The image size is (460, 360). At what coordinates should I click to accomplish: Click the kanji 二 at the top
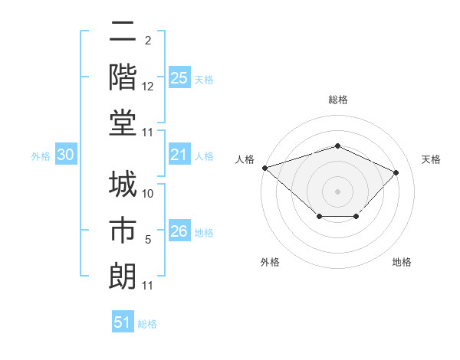pos(123,32)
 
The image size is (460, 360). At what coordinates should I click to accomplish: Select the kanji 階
pos(123,77)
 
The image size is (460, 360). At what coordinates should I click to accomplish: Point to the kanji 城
pos(123,186)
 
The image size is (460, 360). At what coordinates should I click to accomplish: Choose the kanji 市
pos(123,231)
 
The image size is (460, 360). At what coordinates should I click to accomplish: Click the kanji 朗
pos(123,275)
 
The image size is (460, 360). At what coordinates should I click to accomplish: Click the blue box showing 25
pos(179,78)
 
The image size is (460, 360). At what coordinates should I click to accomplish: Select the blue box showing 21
pos(179,155)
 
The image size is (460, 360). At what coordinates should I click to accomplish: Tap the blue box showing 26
pos(179,232)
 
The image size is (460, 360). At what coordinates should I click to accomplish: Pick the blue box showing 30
pos(66,155)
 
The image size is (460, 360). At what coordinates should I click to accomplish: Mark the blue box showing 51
pos(122,322)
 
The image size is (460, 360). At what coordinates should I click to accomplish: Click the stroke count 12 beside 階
pos(148,87)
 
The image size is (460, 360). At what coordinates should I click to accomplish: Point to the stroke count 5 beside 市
pos(148,241)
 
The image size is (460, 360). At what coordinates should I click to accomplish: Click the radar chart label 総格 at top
pos(337,100)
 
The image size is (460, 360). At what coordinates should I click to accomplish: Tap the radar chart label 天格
pos(432,159)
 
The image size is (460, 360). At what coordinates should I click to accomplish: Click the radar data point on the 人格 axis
pos(264,168)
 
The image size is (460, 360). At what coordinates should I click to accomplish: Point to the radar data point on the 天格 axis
pos(396,172)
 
